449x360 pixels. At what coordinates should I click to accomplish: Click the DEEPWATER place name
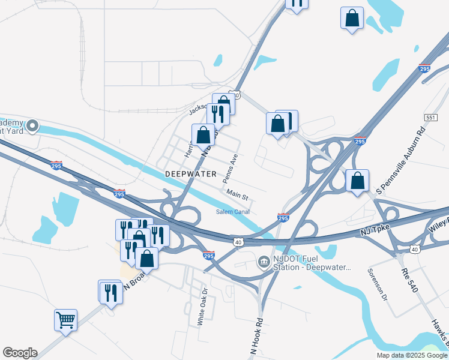[190, 174]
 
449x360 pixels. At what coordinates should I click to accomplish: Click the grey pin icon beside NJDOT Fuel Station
[264, 262]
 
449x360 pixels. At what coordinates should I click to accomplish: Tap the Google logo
[20, 353]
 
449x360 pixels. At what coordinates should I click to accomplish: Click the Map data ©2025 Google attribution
[412, 355]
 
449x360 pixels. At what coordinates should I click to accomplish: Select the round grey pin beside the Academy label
[32, 127]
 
